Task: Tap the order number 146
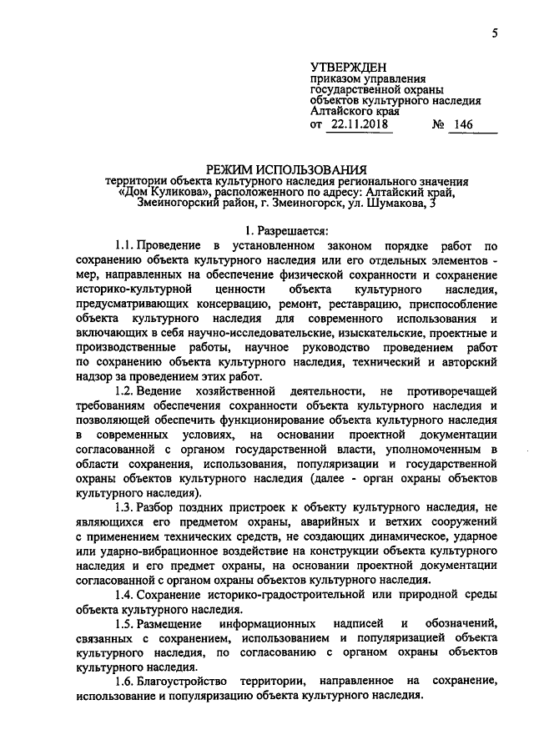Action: (463, 124)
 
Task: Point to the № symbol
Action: (436, 124)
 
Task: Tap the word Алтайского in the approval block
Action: (341, 108)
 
